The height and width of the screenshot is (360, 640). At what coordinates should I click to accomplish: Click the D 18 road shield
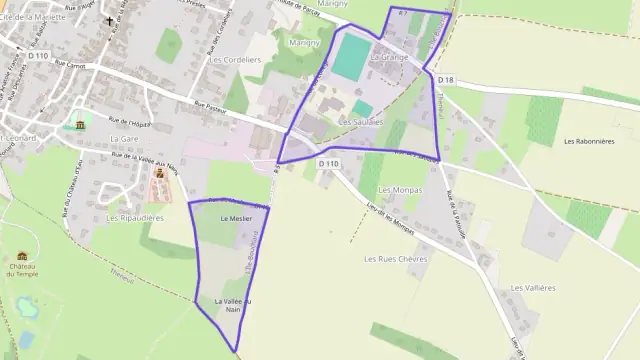pos(446,80)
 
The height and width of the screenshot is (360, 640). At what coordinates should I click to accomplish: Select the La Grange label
pos(389,57)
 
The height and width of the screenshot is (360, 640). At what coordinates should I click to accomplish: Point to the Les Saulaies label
pos(361,122)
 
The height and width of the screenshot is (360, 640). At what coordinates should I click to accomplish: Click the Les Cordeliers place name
pos(235,59)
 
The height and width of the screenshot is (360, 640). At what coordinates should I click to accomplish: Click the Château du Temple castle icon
pos(22,256)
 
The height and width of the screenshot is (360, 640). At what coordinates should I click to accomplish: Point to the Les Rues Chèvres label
pos(396,258)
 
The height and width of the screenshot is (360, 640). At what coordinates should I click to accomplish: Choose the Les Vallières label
pos(532,287)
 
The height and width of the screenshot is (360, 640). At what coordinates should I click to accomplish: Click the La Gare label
pos(124,138)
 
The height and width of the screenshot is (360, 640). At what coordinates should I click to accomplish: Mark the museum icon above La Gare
pos(80,124)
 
